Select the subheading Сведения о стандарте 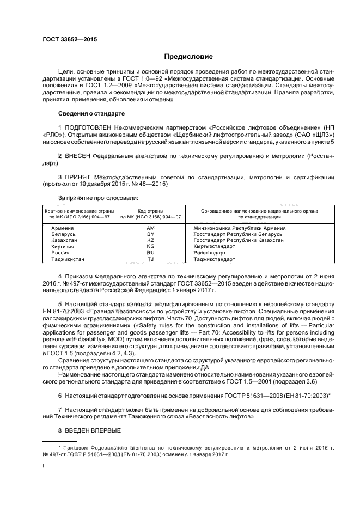tap(91, 113)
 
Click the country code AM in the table tap(151, 228)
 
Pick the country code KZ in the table tap(151, 240)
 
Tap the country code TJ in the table tap(151, 259)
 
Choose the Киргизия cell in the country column tap(63, 246)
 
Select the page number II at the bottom tap(45, 466)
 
